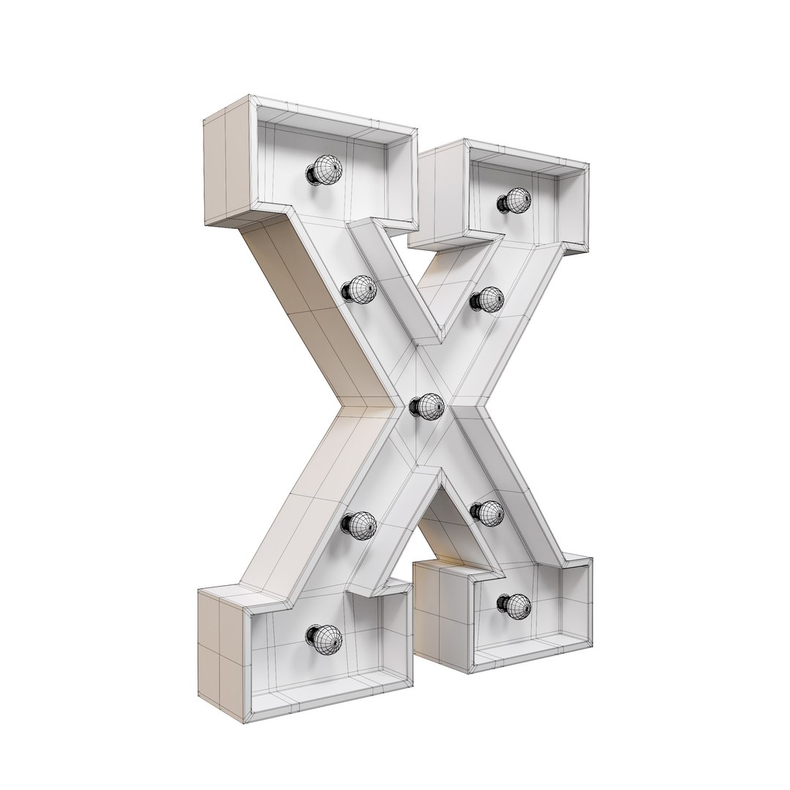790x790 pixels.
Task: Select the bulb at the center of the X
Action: (427, 406)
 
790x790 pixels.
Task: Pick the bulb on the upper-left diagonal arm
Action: (358, 291)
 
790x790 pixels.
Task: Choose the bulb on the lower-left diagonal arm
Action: (358, 524)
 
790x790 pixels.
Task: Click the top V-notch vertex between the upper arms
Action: (439, 344)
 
